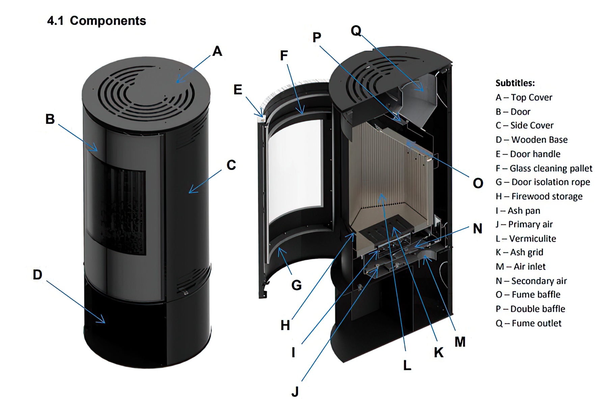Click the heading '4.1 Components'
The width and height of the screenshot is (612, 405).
click(x=97, y=21)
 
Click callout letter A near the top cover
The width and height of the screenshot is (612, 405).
click(x=217, y=51)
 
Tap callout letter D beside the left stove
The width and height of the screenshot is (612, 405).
click(x=37, y=275)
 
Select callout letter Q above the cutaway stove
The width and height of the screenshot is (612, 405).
click(x=356, y=31)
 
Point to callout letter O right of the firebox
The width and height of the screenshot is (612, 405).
click(x=478, y=183)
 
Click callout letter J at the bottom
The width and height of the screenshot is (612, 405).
click(x=295, y=392)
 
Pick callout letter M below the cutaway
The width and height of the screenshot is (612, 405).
click(x=460, y=342)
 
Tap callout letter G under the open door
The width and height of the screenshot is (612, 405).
click(x=296, y=286)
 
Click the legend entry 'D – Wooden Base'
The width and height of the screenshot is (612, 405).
click(x=531, y=140)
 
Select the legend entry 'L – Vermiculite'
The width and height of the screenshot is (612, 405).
click(x=526, y=239)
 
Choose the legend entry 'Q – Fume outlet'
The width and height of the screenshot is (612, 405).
click(x=528, y=323)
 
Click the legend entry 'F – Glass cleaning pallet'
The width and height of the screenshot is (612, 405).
click(x=543, y=168)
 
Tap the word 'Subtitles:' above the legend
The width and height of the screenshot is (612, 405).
click(x=515, y=83)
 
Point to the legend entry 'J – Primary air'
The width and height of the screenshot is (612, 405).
click(x=524, y=224)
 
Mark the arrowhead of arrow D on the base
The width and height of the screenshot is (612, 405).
click(x=103, y=322)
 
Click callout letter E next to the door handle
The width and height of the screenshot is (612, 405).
click(x=238, y=90)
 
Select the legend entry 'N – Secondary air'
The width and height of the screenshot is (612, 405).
click(x=531, y=281)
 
